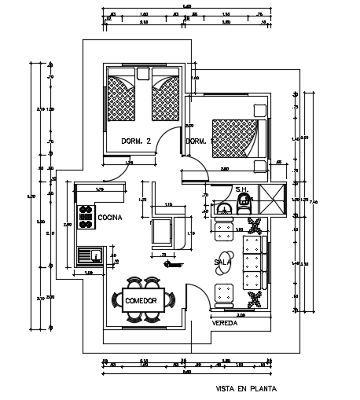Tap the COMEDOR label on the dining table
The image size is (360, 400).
coord(141,300)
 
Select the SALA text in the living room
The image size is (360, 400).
coord(223,262)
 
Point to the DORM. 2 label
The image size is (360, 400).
coord(136,141)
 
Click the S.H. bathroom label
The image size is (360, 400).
coord(242,189)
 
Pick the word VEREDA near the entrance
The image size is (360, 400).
coord(224,322)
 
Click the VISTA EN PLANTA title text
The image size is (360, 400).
coord(245,387)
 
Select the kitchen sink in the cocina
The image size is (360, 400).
coord(87,255)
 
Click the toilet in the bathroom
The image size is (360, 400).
coord(244,206)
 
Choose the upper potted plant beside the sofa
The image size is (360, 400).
coord(254,227)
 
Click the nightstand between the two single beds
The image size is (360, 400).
coord(142,75)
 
